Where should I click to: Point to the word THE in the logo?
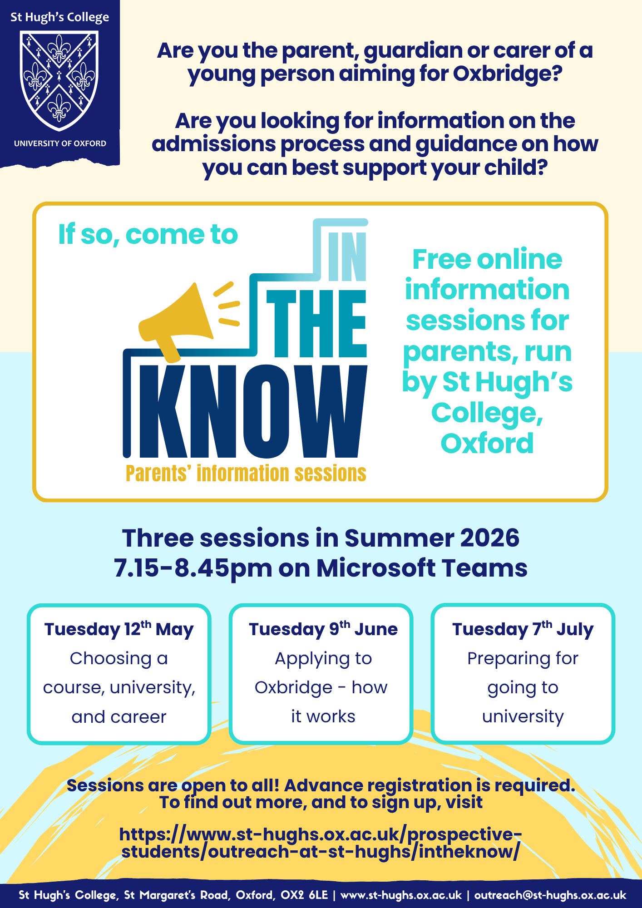coord(316,324)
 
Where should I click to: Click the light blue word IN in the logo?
coord(347,257)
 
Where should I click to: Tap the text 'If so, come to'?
coord(148,235)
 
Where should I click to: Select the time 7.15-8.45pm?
coord(193,568)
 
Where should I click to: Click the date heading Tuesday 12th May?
coord(119,629)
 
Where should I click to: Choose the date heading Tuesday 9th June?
coord(323,629)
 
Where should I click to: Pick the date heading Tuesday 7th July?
coord(523,629)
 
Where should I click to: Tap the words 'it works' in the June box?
coord(323,716)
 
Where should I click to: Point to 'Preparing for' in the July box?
coord(523,659)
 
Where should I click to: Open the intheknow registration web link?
coord(321,843)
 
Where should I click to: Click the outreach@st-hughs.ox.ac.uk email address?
coord(550,895)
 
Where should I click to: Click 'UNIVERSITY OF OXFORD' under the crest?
coord(60,143)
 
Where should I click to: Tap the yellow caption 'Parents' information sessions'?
coord(246,474)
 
